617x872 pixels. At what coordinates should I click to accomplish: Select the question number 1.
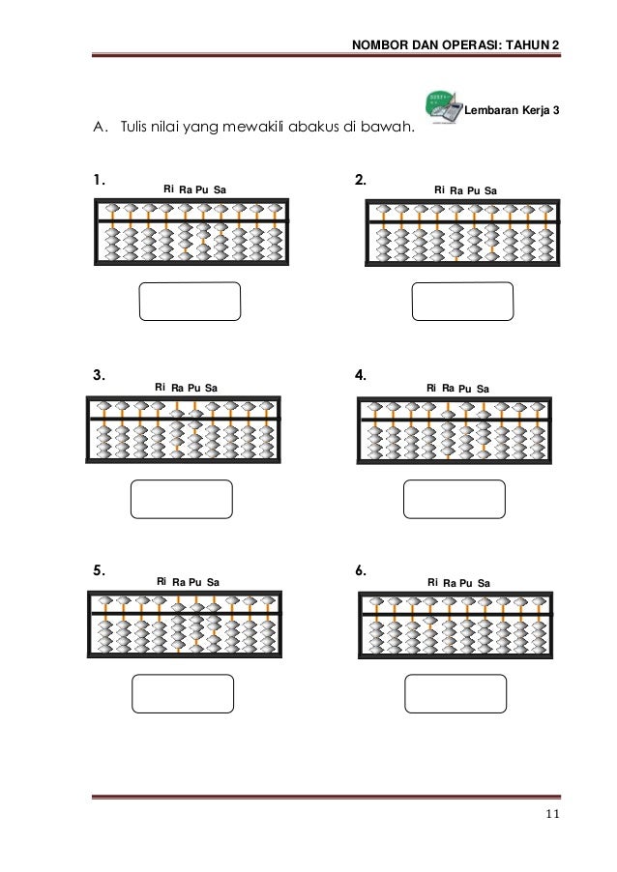[98, 180]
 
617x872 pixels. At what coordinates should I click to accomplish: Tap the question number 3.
[98, 377]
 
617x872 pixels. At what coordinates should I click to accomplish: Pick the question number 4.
[360, 377]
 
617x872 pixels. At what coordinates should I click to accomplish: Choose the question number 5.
[98, 570]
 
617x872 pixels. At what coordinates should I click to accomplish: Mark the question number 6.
[360, 570]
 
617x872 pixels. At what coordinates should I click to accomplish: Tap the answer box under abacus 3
[181, 499]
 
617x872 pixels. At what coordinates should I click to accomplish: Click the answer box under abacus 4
[454, 499]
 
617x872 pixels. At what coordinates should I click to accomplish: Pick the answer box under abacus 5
[182, 692]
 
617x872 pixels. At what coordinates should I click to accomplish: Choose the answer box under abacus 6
[454, 692]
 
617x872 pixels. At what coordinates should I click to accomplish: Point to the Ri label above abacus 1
[169, 189]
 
